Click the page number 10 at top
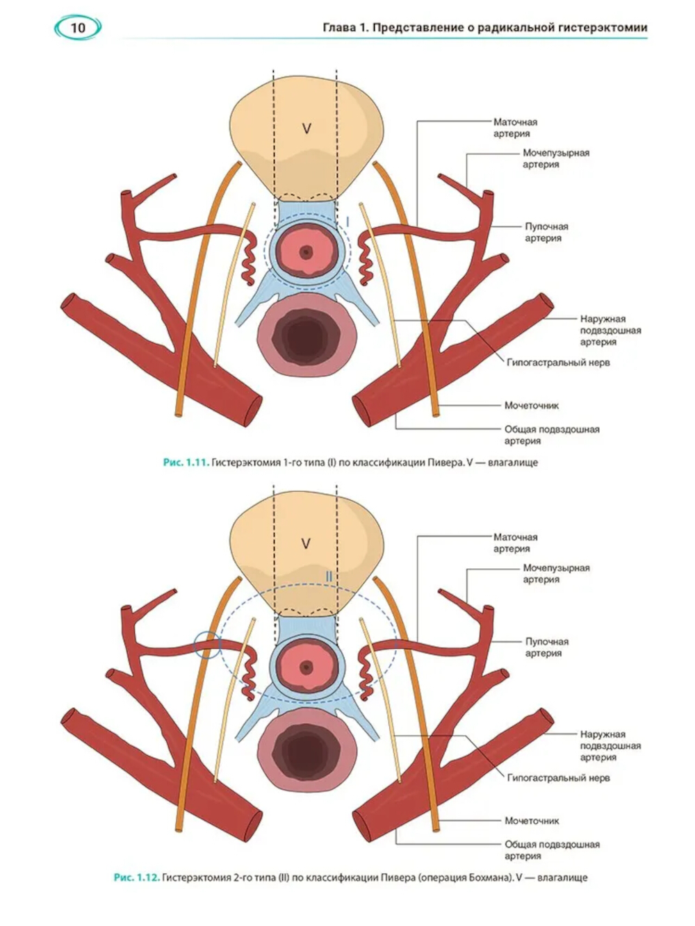click(77, 28)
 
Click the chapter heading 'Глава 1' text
click(345, 28)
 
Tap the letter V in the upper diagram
click(306, 129)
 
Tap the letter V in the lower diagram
click(306, 543)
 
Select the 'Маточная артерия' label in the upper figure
click(515, 128)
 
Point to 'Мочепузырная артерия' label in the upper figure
click(555, 158)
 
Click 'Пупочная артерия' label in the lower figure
click(546, 647)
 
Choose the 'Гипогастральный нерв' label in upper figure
click(558, 362)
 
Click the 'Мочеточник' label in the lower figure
click(532, 820)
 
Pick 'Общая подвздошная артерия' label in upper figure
click(551, 435)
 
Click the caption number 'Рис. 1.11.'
click(186, 462)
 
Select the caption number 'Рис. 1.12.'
click(136, 877)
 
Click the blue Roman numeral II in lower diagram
click(329, 577)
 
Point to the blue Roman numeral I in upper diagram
click(347, 221)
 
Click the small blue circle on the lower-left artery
click(207, 645)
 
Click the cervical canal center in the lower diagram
click(306, 668)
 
